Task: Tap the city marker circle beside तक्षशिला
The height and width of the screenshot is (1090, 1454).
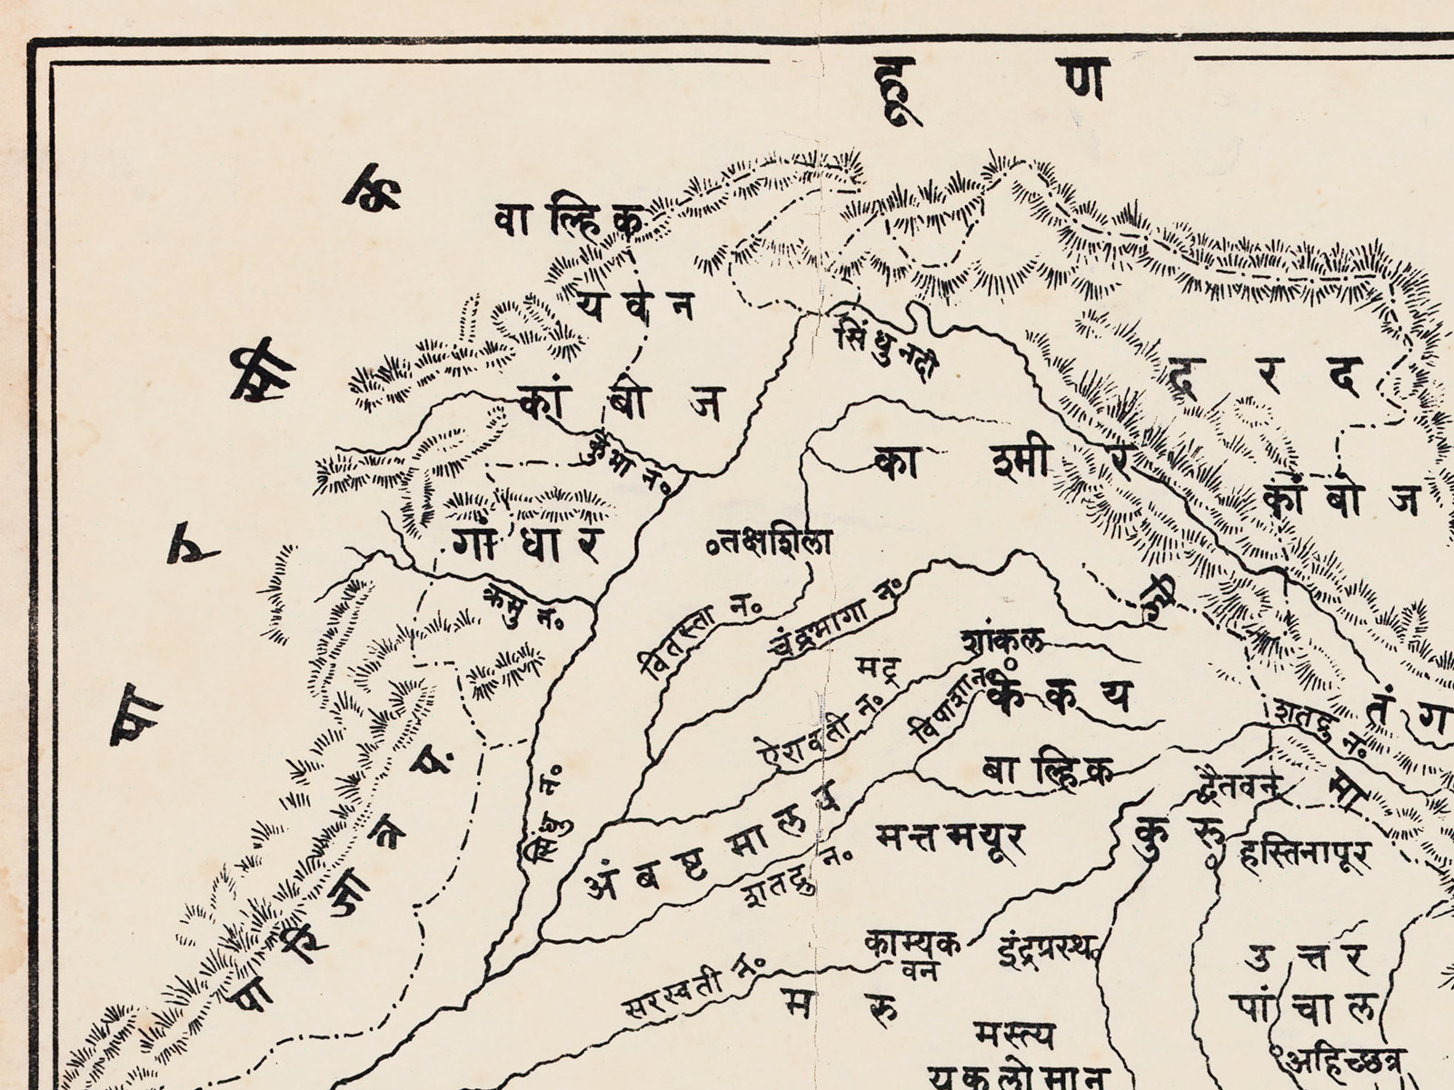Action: click(x=712, y=548)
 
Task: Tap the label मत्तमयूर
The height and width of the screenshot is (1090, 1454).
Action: click(x=949, y=838)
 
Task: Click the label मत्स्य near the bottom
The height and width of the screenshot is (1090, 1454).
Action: click(x=1014, y=1035)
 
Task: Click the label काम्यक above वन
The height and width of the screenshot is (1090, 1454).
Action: click(x=912, y=944)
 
